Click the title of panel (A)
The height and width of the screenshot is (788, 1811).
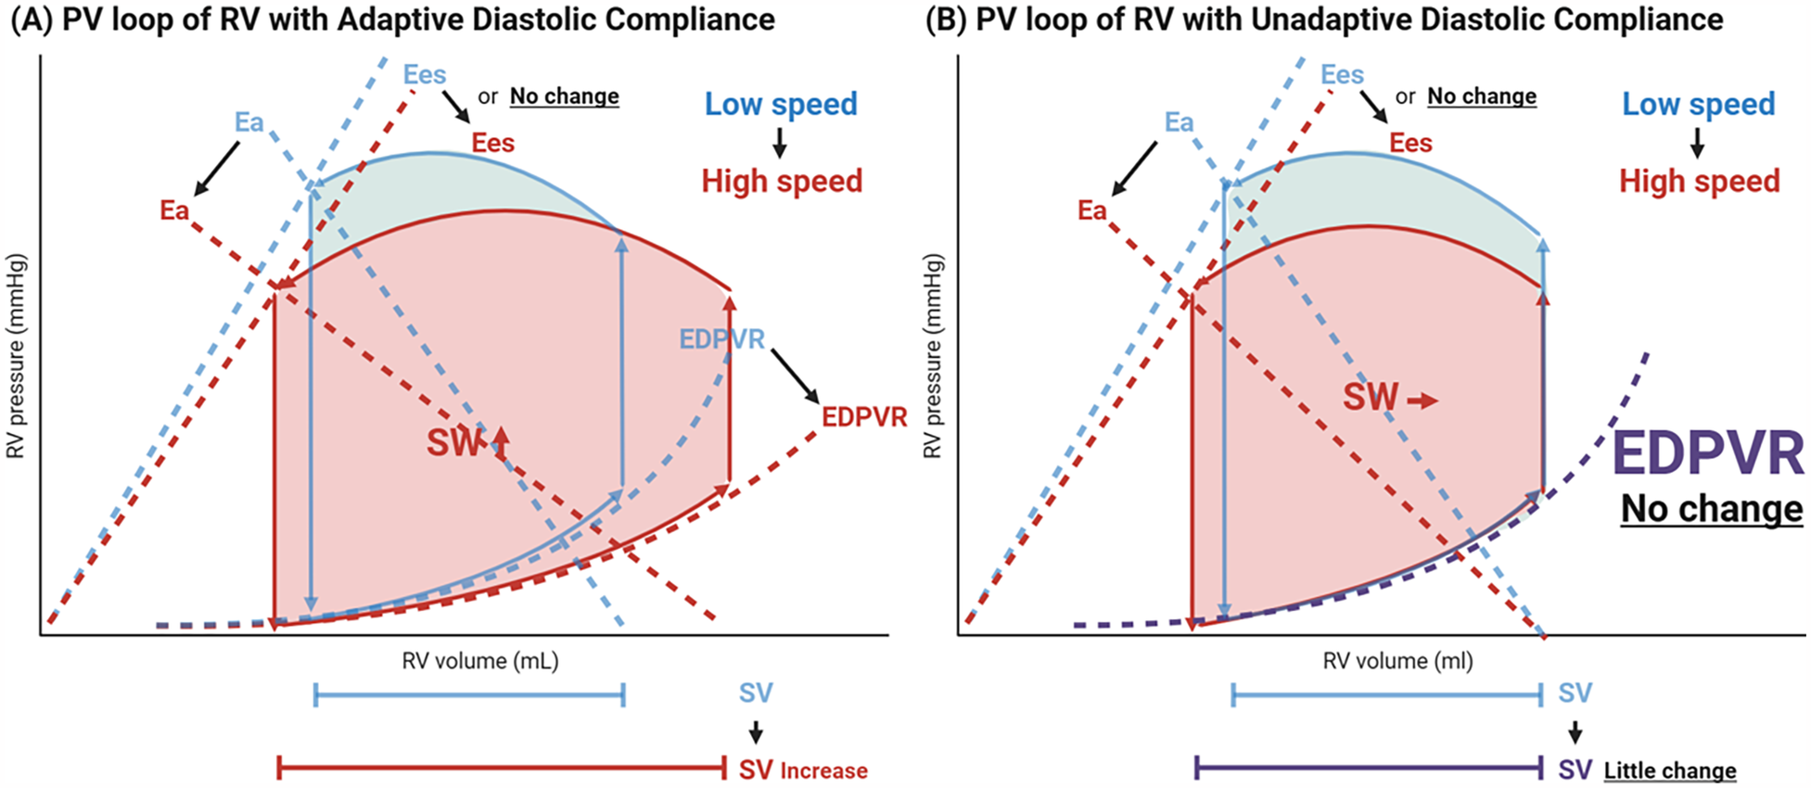(x=391, y=19)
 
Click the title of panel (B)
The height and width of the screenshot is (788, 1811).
(x=1324, y=19)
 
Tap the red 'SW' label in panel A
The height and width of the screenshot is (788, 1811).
(x=453, y=443)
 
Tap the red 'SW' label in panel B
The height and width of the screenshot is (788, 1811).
(x=1371, y=398)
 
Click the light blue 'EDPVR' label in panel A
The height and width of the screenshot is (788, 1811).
(x=721, y=339)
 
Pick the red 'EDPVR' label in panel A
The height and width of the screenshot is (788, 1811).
(x=864, y=417)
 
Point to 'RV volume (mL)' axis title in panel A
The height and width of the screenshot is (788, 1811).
(x=480, y=661)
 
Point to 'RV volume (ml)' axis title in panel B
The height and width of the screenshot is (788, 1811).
(x=1397, y=661)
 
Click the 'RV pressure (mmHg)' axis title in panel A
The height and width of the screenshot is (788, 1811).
(x=16, y=356)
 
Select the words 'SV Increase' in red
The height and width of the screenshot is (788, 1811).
(x=803, y=770)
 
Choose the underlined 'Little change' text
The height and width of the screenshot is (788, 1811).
(x=1670, y=770)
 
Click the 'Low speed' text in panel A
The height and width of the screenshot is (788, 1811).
(x=781, y=104)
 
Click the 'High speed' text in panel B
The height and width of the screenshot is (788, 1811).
(x=1699, y=181)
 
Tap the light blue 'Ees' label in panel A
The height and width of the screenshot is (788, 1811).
(x=425, y=74)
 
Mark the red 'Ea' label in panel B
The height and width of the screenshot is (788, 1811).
(x=1091, y=210)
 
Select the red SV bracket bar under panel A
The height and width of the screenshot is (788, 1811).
(x=502, y=768)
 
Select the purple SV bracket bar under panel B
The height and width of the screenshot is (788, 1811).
(x=1369, y=768)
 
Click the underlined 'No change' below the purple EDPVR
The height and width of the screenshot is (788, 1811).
(x=1712, y=509)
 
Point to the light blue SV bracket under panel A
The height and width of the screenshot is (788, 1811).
(x=469, y=694)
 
